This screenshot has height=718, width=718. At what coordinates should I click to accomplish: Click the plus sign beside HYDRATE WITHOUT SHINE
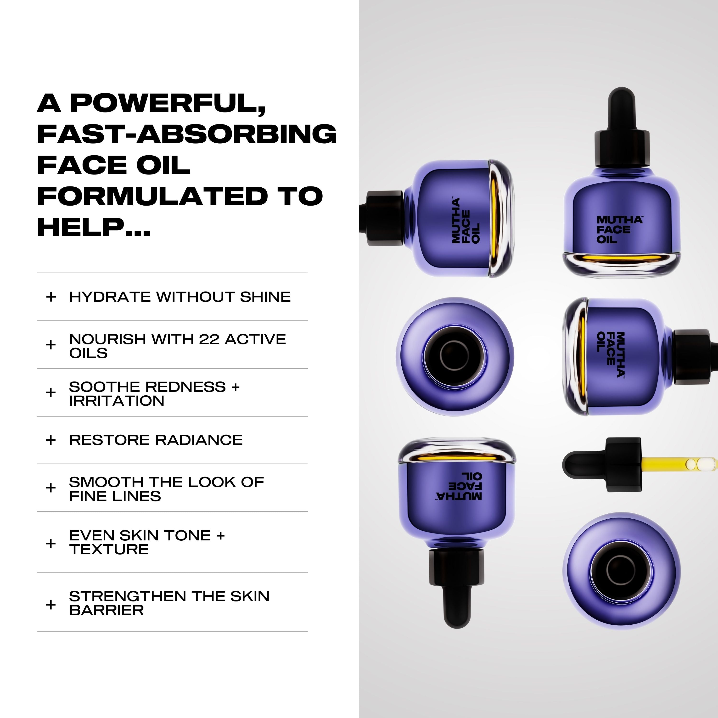coord(51,297)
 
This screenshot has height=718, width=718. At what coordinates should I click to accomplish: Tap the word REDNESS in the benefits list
coord(187,387)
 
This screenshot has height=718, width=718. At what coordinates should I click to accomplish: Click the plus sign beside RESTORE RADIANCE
coord(51,440)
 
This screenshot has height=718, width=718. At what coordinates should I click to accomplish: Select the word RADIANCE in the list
coord(199,440)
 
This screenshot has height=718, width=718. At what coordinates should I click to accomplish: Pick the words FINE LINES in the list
coord(115,496)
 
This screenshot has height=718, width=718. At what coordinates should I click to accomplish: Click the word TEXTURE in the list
coord(109,549)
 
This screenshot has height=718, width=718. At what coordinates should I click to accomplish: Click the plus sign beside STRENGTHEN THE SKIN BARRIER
coord(51,605)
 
